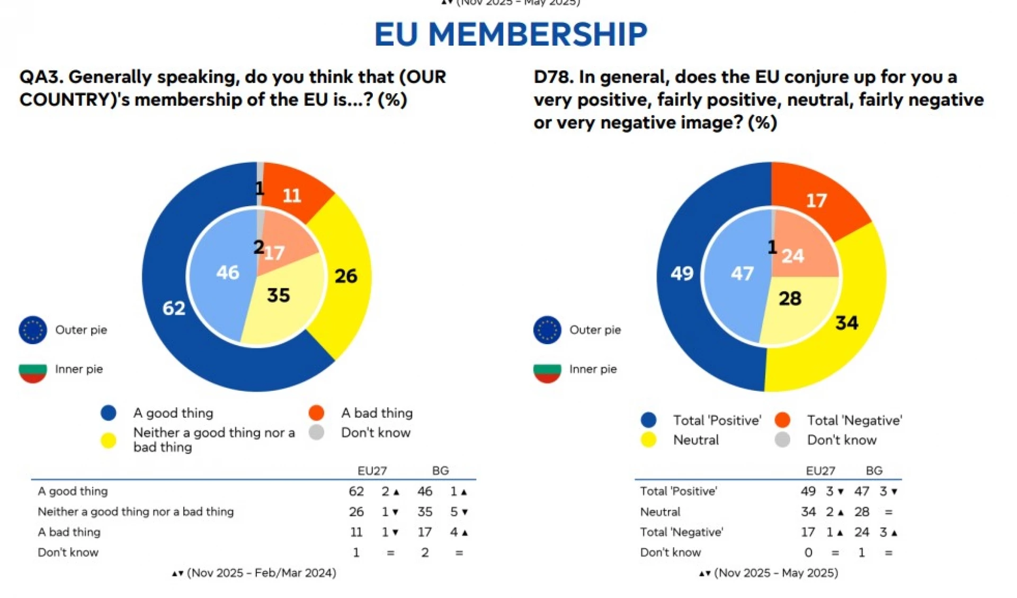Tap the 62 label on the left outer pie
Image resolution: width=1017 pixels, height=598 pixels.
pyautogui.click(x=174, y=308)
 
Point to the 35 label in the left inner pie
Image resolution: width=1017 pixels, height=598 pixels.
pyautogui.click(x=278, y=295)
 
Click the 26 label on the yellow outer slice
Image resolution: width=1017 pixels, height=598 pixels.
pyautogui.click(x=346, y=276)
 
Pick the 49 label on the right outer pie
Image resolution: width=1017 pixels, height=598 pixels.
pyautogui.click(x=682, y=274)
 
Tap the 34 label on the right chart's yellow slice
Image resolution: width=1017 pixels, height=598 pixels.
pyautogui.click(x=846, y=323)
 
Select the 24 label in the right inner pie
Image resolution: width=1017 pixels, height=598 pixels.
pyautogui.click(x=793, y=256)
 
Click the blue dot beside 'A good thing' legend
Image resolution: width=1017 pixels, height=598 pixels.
pyautogui.click(x=109, y=413)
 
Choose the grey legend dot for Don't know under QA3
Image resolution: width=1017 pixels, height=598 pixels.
pyautogui.click(x=317, y=433)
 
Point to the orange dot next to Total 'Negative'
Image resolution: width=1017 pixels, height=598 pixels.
pyautogui.click(x=782, y=420)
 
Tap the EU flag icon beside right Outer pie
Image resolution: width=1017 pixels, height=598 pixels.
pyautogui.click(x=547, y=330)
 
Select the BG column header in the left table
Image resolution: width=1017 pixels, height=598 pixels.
pyautogui.click(x=440, y=471)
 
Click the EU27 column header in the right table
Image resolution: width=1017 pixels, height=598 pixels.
pyautogui.click(x=820, y=471)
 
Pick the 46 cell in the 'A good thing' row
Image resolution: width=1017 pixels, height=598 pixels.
pyautogui.click(x=425, y=491)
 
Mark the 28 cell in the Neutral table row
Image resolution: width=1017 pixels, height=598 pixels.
pyautogui.click(x=862, y=512)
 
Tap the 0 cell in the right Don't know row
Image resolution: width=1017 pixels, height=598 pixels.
pyautogui.click(x=808, y=553)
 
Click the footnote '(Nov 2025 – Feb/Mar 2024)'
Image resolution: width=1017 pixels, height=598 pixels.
pyautogui.click(x=261, y=573)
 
